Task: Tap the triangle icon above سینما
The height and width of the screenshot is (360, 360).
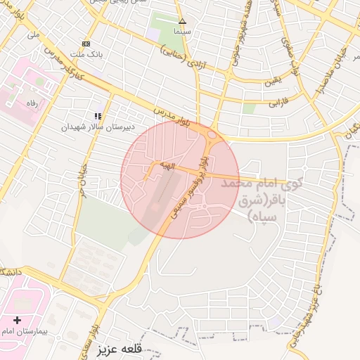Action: pos(182,21)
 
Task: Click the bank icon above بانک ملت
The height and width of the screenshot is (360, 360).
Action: pos(86,43)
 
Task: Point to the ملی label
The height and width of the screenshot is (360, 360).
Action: pos(33,33)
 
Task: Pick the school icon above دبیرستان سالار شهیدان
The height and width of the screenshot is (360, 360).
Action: pos(98,116)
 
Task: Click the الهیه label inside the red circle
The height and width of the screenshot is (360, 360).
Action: pos(166,165)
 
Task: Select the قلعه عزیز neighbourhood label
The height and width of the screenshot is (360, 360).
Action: pos(120,349)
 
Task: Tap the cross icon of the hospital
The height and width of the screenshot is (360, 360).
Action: pos(17,321)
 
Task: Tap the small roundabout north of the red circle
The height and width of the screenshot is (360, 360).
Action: pos(212,135)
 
